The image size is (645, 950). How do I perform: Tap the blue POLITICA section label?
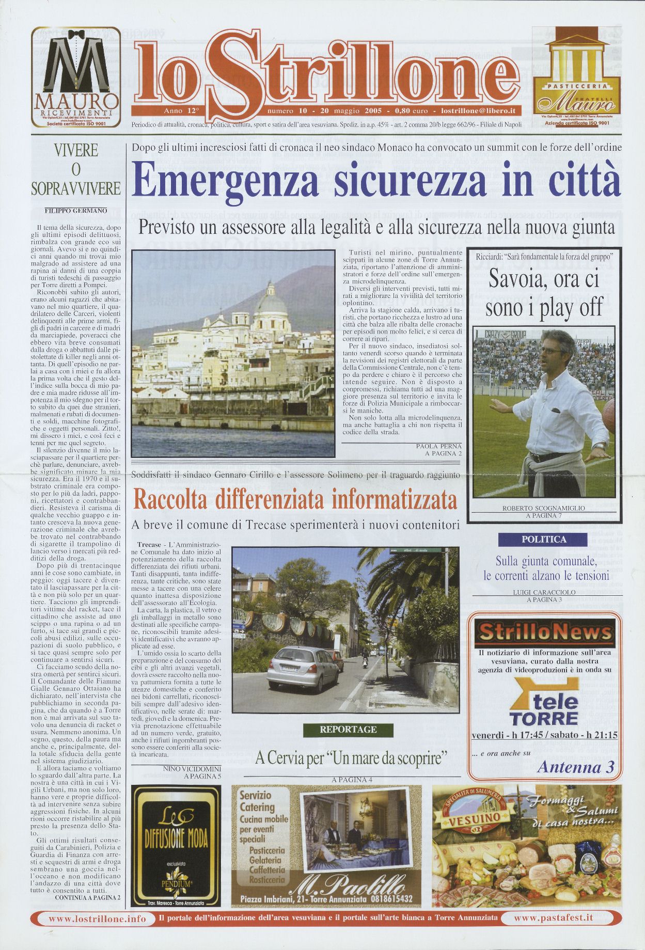pos(544,540)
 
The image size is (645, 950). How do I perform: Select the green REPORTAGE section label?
pos(348,730)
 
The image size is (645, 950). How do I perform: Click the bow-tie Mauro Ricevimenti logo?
pos(76,76)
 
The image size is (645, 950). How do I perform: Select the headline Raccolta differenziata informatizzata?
pos(295,500)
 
